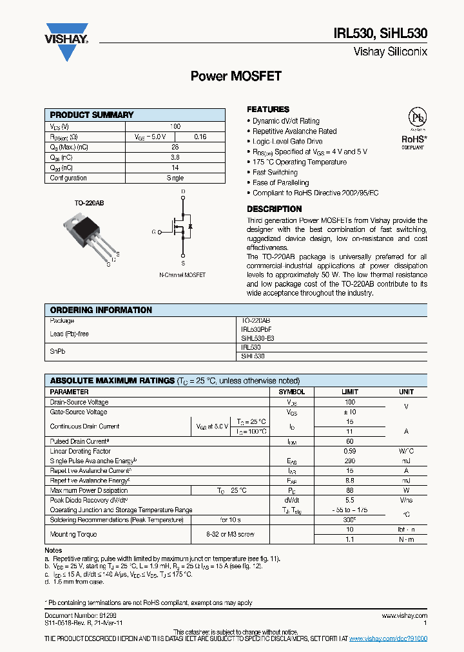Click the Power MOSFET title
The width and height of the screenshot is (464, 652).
click(x=236, y=76)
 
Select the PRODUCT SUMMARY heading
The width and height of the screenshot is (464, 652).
click(x=92, y=115)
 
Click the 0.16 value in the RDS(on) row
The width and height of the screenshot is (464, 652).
click(x=200, y=137)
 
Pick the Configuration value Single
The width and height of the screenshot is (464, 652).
click(x=175, y=178)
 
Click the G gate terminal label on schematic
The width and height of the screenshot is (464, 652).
click(x=153, y=231)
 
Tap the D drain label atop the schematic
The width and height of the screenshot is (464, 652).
click(x=183, y=192)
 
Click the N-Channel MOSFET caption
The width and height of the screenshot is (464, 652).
click(x=182, y=275)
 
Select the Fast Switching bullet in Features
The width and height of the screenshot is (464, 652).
click(x=275, y=173)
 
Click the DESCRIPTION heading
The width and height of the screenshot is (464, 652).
click(x=274, y=209)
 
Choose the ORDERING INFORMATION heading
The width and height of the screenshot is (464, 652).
click(x=101, y=310)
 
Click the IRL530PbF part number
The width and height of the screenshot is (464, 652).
click(x=256, y=329)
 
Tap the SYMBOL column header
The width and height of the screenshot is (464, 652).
click(x=291, y=392)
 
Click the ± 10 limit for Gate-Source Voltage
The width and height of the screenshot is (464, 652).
click(x=349, y=412)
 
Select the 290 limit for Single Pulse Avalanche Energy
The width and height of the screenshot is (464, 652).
click(x=349, y=461)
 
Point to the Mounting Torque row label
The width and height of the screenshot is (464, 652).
click(x=73, y=534)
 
